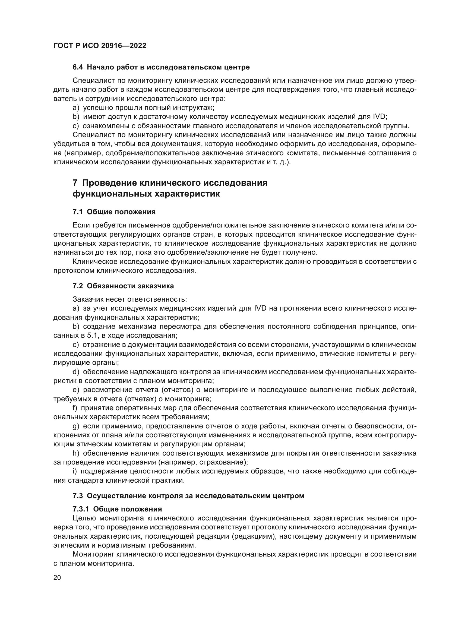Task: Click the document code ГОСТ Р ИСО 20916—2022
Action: coord(100,46)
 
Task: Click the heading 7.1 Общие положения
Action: coord(114,212)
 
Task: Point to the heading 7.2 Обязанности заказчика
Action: coord(123,286)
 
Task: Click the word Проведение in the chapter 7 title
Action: coord(109,183)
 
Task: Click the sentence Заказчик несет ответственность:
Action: coord(130,299)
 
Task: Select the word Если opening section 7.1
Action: coord(79,225)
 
